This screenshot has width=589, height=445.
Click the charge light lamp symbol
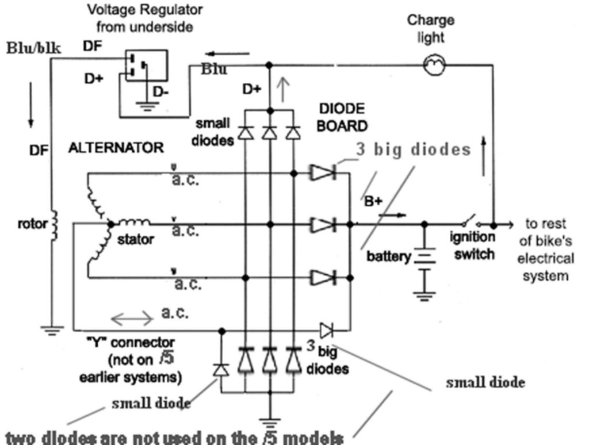coord(431,66)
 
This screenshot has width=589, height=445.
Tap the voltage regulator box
coord(146,65)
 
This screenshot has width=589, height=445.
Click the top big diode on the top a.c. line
coord(322,172)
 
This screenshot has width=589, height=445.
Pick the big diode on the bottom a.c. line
coord(322,278)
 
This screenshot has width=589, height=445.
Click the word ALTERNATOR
coord(116,148)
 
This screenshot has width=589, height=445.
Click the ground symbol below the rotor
coord(51,329)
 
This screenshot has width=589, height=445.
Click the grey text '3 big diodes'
coord(413,149)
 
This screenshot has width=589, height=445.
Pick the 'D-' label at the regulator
coord(162,91)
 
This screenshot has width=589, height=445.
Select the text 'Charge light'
coord(431,29)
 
